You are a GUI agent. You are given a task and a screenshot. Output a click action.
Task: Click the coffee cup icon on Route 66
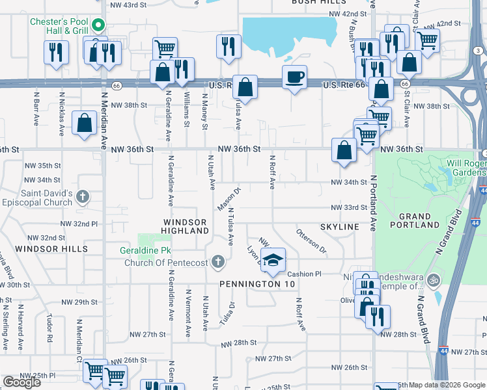click(x=294, y=77)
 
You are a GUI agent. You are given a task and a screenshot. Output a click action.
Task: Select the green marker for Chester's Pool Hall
click(x=98, y=25)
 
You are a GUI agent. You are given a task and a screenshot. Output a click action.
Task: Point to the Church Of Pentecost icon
click(x=218, y=263)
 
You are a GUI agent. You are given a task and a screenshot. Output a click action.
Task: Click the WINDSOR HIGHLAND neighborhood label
click(x=185, y=227)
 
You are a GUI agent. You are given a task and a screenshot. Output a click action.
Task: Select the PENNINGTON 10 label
click(x=257, y=284)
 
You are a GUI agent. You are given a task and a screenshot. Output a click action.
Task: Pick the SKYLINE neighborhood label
click(x=339, y=226)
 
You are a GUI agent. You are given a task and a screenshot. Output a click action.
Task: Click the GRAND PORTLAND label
click(x=415, y=220)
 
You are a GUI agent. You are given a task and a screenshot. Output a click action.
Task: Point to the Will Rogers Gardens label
click(x=466, y=168)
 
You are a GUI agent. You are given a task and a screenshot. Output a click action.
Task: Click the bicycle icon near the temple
click(x=434, y=280)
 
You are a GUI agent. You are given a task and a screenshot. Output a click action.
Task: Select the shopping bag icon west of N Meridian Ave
click(x=84, y=123)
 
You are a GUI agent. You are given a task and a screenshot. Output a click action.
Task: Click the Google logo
click(x=21, y=382)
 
